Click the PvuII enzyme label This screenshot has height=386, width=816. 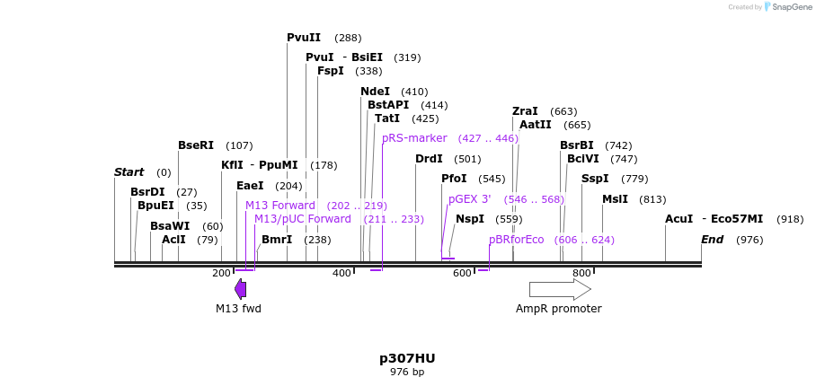304,38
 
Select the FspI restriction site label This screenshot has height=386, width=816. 331,71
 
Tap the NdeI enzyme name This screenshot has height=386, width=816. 375,92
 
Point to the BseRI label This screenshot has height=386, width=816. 196,145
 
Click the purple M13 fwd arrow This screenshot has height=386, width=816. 240,288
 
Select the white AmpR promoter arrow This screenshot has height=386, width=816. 560,289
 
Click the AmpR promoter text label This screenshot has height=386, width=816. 558,309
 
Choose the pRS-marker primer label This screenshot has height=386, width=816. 414,138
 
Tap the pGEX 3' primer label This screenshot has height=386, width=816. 469,199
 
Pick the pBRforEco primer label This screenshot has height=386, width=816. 517,240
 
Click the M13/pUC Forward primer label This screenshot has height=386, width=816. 303,219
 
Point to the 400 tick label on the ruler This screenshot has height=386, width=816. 341,273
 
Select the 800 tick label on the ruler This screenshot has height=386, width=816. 581,273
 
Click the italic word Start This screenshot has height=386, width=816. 129,172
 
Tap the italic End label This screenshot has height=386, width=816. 712,240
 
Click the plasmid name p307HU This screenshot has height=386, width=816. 407,358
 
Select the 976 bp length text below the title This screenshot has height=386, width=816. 407,372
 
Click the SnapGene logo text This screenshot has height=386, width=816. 792,7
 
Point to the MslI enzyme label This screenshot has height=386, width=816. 615,199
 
